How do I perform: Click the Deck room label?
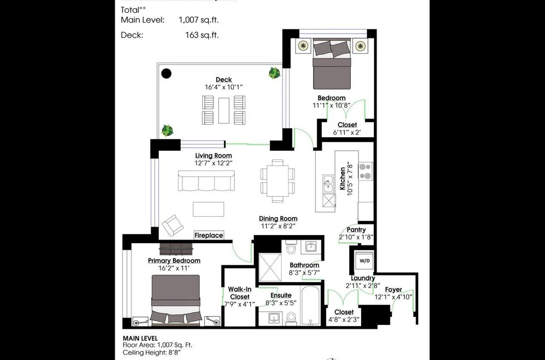[224, 80]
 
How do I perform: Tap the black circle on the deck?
[166, 73]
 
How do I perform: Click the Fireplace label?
[209, 235]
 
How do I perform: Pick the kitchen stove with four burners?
[365, 171]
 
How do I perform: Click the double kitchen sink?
[328, 183]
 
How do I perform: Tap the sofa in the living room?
[206, 180]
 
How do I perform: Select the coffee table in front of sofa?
[209, 209]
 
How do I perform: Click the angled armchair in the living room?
[173, 225]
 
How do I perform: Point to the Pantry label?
[356, 230]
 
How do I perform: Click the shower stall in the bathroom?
[270, 267]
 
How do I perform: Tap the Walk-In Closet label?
[239, 293]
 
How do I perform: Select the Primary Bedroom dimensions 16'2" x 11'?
[174, 268]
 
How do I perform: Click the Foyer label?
[393, 290]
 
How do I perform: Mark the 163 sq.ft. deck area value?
[202, 35]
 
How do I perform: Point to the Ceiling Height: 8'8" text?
[152, 352]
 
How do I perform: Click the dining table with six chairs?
[278, 181]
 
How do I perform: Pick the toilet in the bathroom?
[291, 248]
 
